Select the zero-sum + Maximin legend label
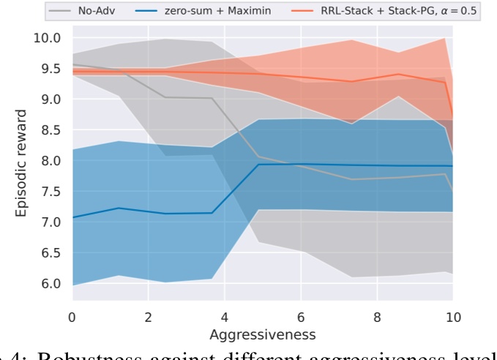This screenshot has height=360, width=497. tap(217, 11)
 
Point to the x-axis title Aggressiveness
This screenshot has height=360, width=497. tap(262, 334)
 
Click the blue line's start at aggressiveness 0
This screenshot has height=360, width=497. tap(72, 217)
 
